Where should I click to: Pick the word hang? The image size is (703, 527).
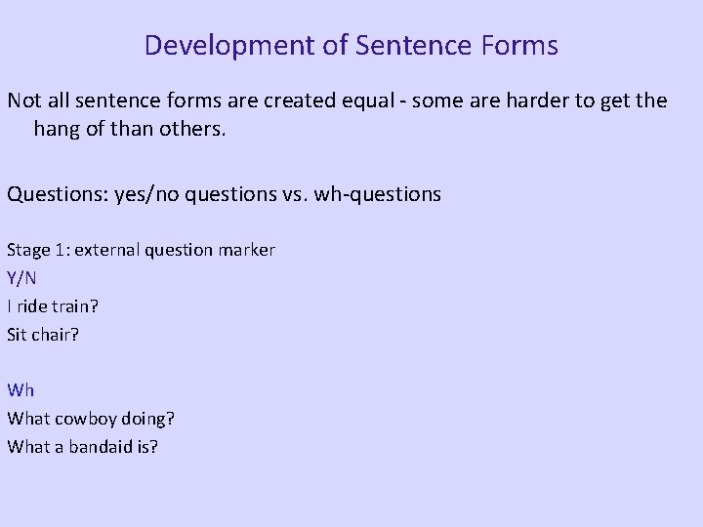click(x=57, y=128)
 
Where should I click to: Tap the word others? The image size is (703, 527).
click(x=193, y=128)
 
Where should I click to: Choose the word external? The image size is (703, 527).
click(x=105, y=250)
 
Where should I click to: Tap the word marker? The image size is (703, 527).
click(x=248, y=250)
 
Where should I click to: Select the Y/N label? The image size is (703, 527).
click(x=21, y=278)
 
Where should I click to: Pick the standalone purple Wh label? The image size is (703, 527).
click(x=21, y=390)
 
